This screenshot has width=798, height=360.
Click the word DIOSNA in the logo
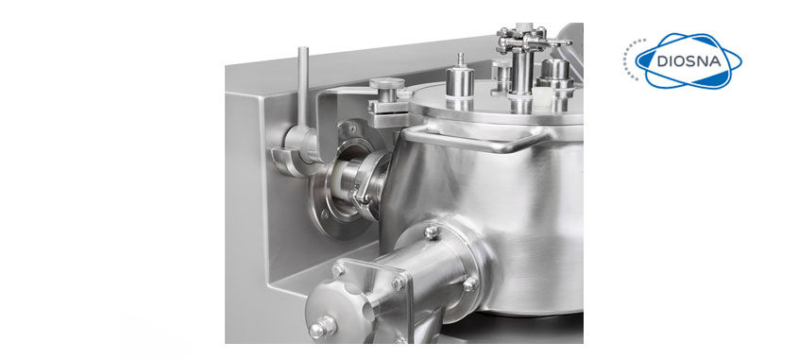click(x=688, y=61)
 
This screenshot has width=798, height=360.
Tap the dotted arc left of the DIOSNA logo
click(x=628, y=59)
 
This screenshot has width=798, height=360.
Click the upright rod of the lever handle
click(x=303, y=87)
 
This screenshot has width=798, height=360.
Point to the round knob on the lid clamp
click(x=387, y=84)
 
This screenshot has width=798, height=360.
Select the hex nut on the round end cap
click(x=322, y=328)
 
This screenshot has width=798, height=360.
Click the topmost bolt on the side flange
click(x=433, y=232)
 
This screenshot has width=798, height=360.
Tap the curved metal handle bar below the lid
click(x=479, y=139)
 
